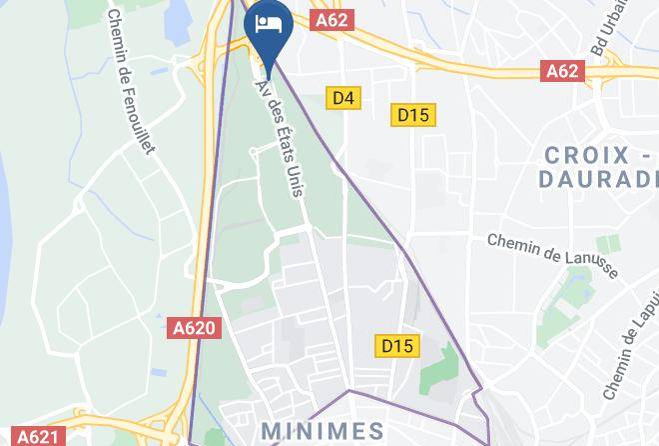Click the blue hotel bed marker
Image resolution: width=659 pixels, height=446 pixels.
[x=269, y=25]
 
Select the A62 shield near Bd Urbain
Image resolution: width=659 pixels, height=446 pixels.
[x=563, y=71]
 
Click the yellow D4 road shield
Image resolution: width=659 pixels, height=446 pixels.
[x=343, y=98]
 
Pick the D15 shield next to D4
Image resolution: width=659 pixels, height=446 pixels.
[x=412, y=115]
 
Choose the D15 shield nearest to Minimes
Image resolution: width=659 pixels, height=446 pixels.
[x=397, y=346]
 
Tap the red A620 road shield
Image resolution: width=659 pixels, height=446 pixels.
[x=196, y=327]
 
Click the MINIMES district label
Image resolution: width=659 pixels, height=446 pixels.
[x=322, y=432]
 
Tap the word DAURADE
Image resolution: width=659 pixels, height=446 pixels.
[x=597, y=179]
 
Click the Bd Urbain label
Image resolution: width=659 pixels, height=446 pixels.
[x=611, y=30]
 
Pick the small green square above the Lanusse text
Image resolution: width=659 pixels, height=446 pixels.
[x=608, y=242]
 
